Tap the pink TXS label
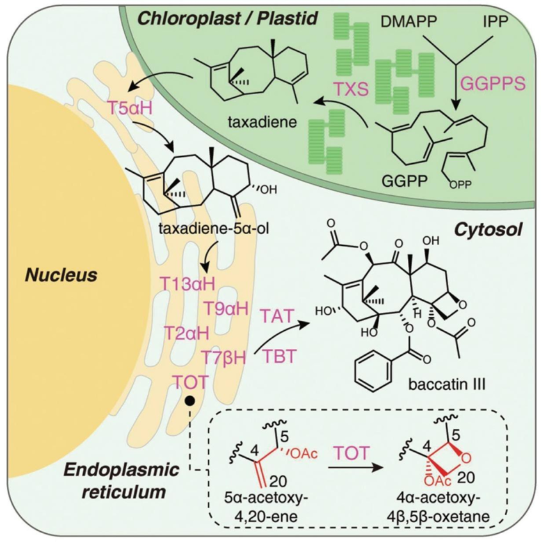coord(351,88)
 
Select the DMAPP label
coord(409,22)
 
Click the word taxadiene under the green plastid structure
coord(263,122)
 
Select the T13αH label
coord(187,285)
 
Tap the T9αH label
coord(225,308)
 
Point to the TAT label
coord(278,316)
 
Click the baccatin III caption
coord(446,384)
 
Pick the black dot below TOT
coord(190,401)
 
